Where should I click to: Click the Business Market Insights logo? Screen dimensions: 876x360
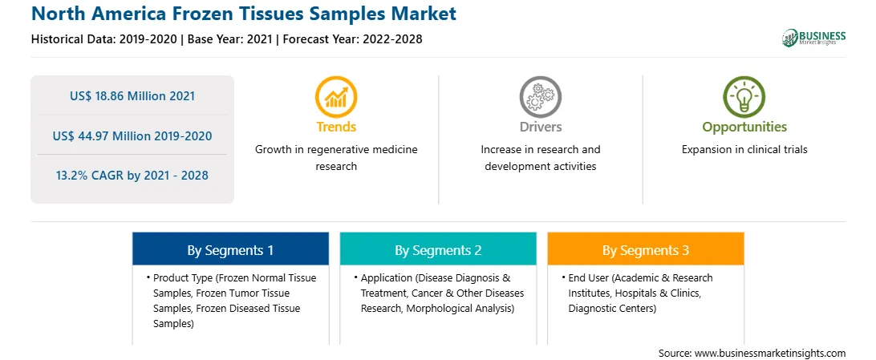(814, 38)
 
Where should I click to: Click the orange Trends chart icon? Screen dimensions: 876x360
(336, 96)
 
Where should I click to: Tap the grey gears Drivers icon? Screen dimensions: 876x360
(540, 96)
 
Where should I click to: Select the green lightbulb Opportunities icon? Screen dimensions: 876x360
(744, 96)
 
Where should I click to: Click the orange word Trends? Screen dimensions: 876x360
(336, 127)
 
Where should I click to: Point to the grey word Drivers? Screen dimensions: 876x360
(541, 127)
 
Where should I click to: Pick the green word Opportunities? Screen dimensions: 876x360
(744, 127)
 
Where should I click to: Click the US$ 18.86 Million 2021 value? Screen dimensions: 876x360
(132, 96)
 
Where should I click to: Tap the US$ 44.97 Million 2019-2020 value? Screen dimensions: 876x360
(132, 136)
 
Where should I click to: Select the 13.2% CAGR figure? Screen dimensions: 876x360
(132, 176)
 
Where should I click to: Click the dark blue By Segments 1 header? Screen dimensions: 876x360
(230, 251)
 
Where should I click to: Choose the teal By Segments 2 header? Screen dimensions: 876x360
(438, 251)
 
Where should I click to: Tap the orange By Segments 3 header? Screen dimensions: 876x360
(646, 251)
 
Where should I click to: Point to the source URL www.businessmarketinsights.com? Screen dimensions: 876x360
(771, 354)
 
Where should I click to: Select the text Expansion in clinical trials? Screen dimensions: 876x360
(744, 150)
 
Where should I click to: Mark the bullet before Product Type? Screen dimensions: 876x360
(148, 277)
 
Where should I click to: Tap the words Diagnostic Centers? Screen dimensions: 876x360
(613, 308)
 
